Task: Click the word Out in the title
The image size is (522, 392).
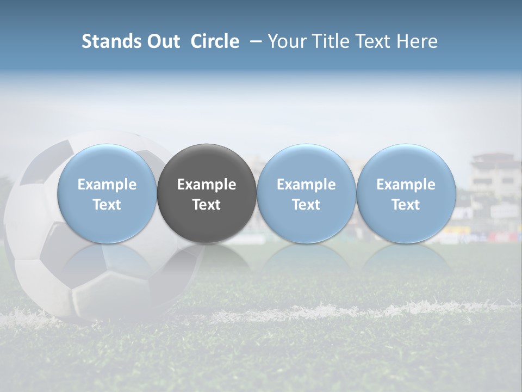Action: tap(163, 41)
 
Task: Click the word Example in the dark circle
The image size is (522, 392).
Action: tap(207, 185)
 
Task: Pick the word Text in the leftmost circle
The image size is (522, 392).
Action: tap(107, 205)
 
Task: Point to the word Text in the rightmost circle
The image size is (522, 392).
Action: tap(406, 205)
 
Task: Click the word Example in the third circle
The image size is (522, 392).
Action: tap(306, 185)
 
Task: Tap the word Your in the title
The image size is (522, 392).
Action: tap(285, 41)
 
